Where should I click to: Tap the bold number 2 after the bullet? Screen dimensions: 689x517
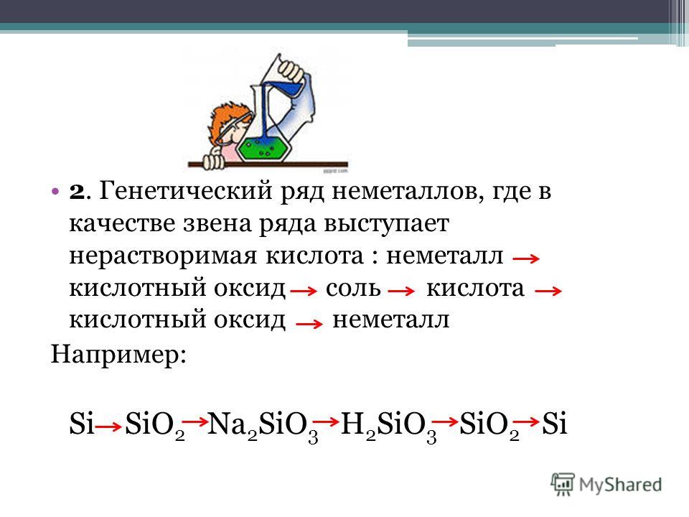coord(76,192)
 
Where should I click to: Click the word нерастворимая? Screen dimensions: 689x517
coord(163,256)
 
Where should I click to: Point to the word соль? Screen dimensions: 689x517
coord(353,289)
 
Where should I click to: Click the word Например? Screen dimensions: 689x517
coord(118,354)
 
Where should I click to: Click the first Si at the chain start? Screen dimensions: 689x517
coord(82,424)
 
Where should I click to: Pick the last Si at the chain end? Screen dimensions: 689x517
coord(555,424)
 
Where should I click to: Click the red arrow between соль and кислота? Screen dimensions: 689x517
coord(401,291)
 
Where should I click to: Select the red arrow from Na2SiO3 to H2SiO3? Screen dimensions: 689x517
coord(326,421)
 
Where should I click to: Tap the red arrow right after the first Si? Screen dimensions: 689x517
coord(108,426)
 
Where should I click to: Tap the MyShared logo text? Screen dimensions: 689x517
coord(620,485)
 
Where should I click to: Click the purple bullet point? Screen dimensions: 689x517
coord(55,192)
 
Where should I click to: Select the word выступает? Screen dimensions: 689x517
coord(386,224)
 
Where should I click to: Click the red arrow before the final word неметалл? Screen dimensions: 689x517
coord(309,325)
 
